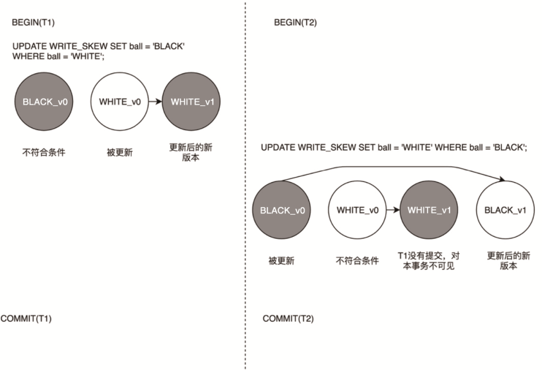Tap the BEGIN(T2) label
tap(295, 23)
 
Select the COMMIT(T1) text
tap(26, 319)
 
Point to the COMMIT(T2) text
tap(288, 319)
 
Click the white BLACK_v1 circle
tap(505, 210)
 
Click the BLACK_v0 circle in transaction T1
tap(45, 102)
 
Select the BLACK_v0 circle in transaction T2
tap(282, 210)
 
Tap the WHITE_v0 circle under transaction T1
tap(119, 102)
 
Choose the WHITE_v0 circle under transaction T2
tap(358, 210)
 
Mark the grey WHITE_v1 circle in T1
tap(191, 102)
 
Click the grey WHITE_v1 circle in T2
tap(429, 210)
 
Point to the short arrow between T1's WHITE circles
tap(156, 102)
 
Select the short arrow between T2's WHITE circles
tap(393, 210)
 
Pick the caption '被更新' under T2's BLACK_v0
tap(282, 261)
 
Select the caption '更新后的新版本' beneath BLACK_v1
tap(508, 261)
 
